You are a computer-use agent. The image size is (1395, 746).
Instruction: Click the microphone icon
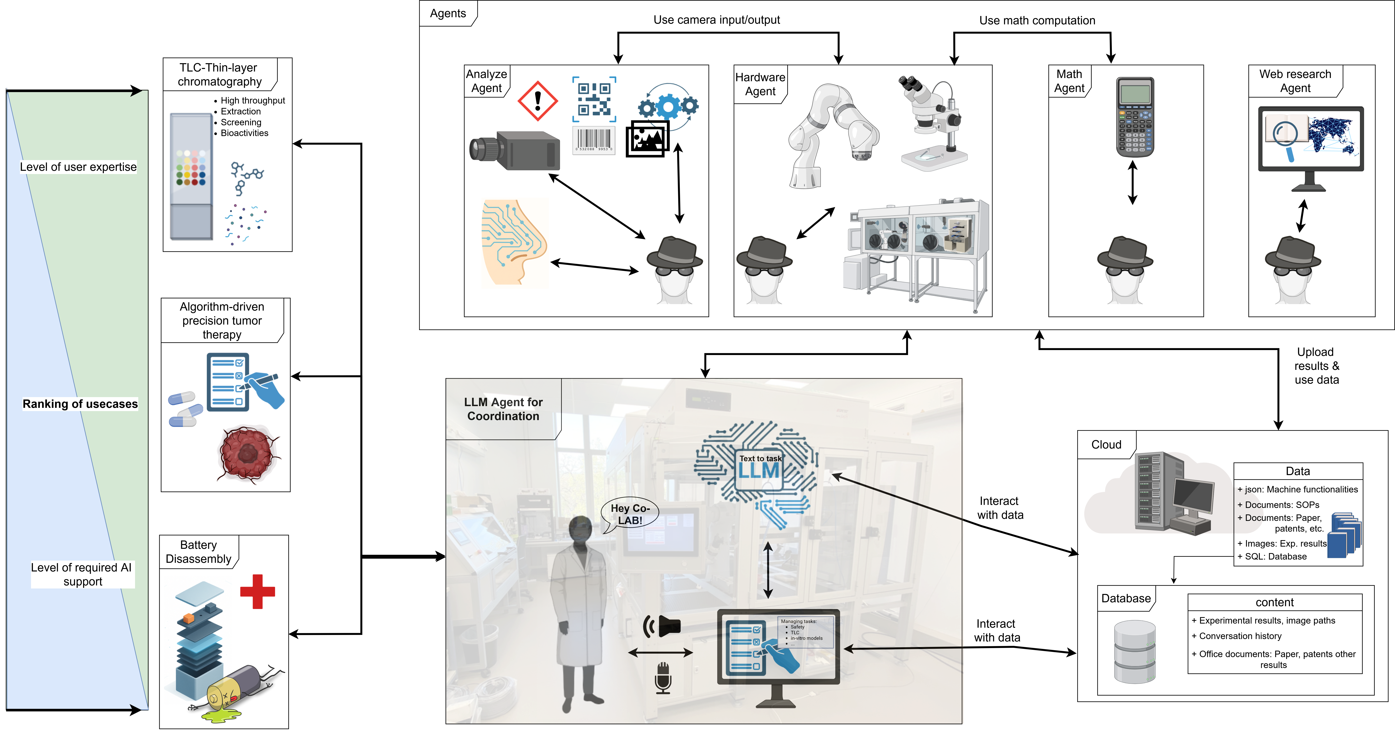coord(663,677)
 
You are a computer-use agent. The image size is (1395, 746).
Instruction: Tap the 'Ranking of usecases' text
coord(80,404)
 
